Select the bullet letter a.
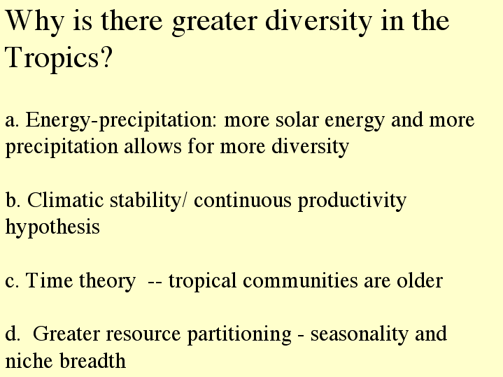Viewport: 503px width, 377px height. coord(12,121)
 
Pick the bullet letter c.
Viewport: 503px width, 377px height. coord(12,281)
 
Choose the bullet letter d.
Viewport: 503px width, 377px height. coord(13,334)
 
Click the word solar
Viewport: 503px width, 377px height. coord(297,120)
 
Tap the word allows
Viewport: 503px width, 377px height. coord(153,146)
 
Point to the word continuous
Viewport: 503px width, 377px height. coord(243,200)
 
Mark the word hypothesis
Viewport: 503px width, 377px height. coord(52,228)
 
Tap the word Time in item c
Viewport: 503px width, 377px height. coord(49,280)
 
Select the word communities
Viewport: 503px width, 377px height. coord(300,280)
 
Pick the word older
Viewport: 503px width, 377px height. coord(420,280)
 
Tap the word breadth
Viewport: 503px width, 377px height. coord(93,360)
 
